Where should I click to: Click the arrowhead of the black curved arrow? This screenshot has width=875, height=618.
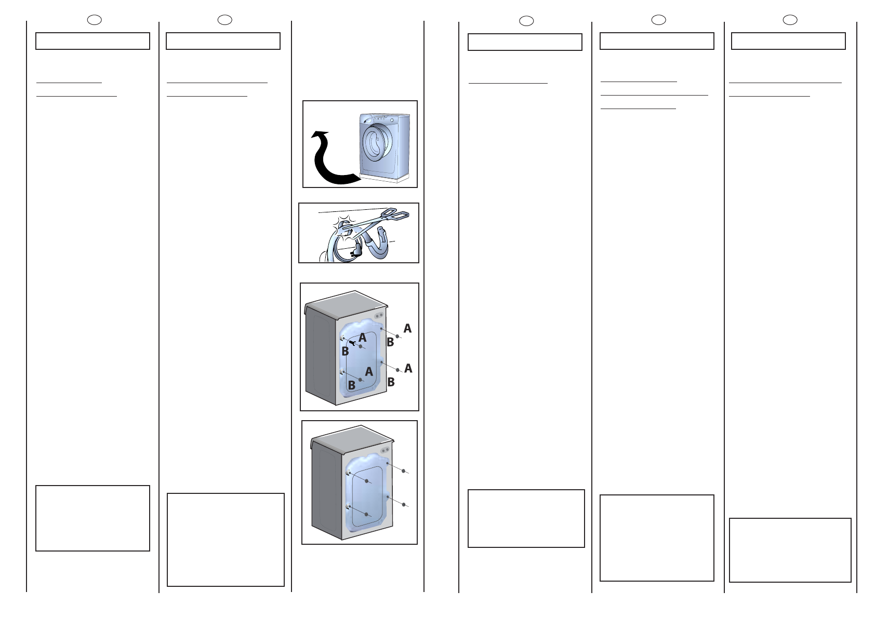(x=320, y=135)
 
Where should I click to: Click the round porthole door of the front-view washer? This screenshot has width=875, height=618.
(x=377, y=143)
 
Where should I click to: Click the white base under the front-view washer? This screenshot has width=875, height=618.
(x=385, y=179)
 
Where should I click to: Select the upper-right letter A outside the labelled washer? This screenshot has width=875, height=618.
(x=407, y=328)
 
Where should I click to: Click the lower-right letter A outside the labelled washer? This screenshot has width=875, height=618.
(x=408, y=368)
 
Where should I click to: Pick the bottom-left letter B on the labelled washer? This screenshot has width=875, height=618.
(x=352, y=385)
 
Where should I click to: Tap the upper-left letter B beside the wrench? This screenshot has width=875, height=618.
(x=345, y=352)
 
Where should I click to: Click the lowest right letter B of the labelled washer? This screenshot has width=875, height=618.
(x=391, y=382)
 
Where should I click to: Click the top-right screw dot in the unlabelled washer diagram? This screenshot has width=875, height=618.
(x=404, y=471)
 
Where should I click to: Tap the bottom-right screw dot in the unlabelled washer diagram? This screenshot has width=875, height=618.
(x=404, y=504)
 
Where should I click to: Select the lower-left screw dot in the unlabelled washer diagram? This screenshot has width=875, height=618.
(x=366, y=515)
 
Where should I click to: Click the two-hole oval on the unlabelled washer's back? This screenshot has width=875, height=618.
(x=385, y=450)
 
